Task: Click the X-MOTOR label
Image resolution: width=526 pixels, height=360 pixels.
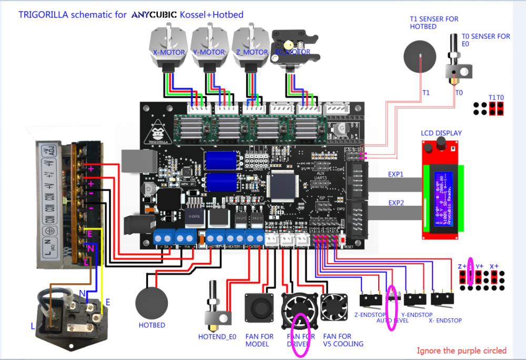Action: click(169, 53)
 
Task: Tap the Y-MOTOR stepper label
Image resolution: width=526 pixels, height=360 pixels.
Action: click(209, 53)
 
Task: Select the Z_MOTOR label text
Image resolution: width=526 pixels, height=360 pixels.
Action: click(251, 53)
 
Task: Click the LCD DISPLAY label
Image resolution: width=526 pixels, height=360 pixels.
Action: click(441, 133)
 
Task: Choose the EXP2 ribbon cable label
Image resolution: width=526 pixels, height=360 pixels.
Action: click(397, 202)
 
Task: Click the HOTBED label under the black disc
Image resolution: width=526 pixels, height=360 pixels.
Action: click(152, 325)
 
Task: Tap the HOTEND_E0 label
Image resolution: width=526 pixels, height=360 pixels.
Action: click(217, 336)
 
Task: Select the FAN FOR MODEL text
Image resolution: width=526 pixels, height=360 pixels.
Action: click(260, 340)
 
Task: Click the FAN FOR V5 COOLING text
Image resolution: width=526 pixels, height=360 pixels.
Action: click(343, 340)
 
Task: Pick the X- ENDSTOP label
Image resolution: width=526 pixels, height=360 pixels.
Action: click(446, 320)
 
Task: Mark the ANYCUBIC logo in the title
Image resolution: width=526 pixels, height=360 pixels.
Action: click(154, 15)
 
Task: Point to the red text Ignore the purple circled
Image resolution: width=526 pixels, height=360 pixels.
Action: click(461, 351)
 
